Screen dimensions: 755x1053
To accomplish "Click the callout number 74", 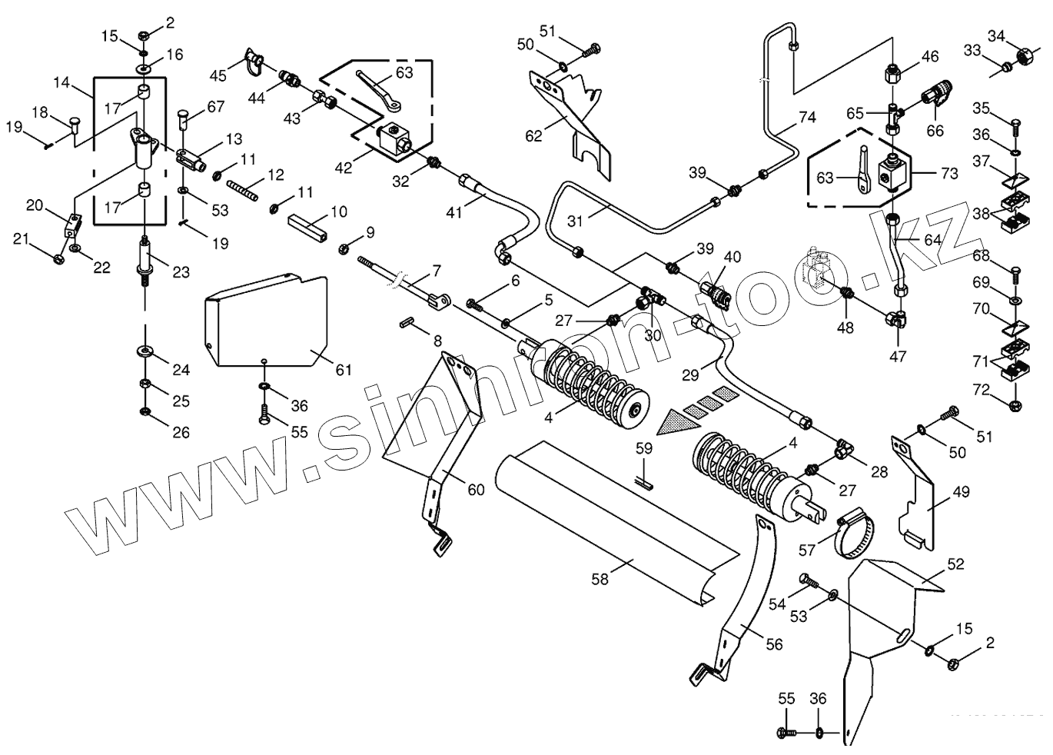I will (x=806, y=118).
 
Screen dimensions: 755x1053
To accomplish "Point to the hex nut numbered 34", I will (x=1023, y=56).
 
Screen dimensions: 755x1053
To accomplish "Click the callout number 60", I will (x=477, y=489).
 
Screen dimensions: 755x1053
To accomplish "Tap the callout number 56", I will (x=774, y=644).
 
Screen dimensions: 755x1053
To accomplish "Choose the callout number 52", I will (x=955, y=564).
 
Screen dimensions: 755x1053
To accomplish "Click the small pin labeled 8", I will (x=408, y=324).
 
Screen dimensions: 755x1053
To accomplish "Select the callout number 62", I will (x=533, y=136).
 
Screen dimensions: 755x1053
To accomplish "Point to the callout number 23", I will (x=181, y=271).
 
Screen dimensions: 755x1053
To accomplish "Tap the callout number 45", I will (x=218, y=75).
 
